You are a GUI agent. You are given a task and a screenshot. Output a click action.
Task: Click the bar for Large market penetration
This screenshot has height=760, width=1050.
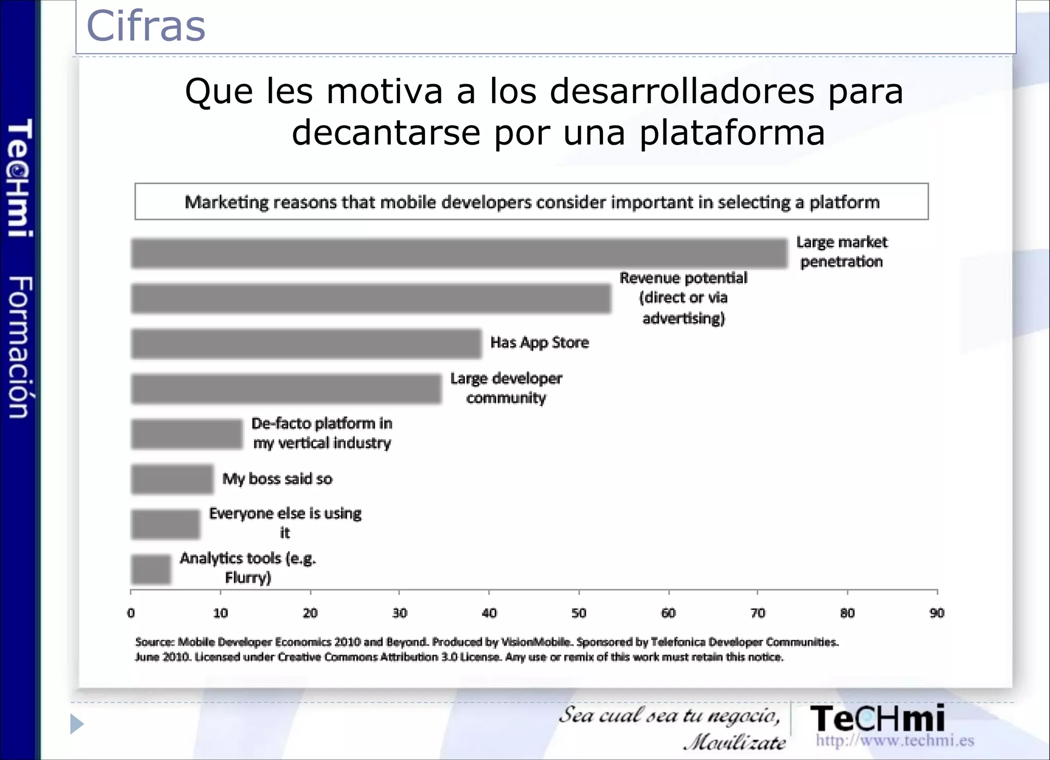click(459, 253)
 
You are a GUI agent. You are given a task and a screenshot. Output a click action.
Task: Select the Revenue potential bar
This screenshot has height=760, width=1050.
click(371, 298)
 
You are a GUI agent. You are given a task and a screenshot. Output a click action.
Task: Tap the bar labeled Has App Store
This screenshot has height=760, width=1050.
click(306, 344)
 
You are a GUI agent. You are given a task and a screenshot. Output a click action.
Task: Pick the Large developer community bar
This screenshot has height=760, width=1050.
click(286, 389)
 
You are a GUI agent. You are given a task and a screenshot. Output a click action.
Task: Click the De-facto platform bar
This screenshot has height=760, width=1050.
click(187, 434)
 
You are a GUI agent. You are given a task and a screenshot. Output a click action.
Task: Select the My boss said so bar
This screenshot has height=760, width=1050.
click(172, 479)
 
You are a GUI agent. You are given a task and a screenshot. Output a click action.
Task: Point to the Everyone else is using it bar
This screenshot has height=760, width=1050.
click(165, 524)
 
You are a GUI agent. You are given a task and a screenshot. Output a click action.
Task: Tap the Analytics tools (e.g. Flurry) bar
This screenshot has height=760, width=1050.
click(151, 569)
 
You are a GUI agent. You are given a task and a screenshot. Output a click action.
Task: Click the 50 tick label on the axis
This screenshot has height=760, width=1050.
click(579, 613)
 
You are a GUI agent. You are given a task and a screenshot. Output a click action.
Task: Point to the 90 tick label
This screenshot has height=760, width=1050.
click(937, 613)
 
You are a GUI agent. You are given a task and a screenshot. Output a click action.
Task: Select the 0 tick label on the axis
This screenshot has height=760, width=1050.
click(131, 613)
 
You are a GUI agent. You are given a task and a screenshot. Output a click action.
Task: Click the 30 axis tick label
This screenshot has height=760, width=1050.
click(399, 613)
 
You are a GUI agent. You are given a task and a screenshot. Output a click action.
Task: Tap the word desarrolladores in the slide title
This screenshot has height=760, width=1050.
click(682, 91)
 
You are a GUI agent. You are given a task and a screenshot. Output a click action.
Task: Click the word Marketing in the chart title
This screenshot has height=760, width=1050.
click(226, 202)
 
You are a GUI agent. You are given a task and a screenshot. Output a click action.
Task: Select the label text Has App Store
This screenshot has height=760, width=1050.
click(539, 342)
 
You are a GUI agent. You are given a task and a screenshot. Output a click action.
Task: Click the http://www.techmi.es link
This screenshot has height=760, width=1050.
click(895, 740)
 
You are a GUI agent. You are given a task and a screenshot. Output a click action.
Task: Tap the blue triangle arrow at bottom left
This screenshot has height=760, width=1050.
click(76, 724)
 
